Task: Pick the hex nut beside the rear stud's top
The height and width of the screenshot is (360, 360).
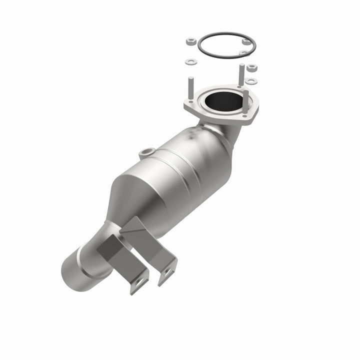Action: click(x=251, y=66)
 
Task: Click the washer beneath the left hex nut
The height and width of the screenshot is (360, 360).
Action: click(x=190, y=62)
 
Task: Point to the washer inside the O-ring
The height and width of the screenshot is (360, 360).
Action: click(x=243, y=52)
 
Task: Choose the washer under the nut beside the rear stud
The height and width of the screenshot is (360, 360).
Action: click(x=251, y=80)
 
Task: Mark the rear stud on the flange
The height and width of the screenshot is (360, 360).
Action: click(x=241, y=75)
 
